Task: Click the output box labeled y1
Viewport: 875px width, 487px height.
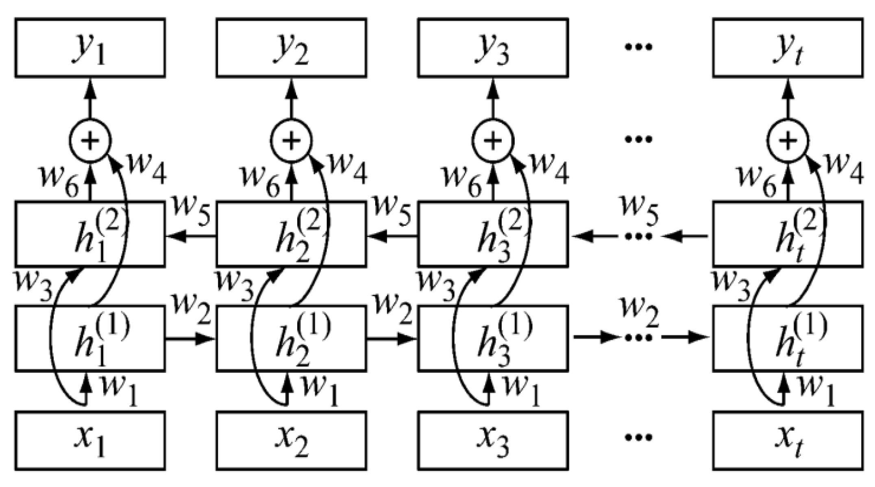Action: coord(90,48)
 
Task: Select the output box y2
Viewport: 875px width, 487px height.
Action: coord(291,48)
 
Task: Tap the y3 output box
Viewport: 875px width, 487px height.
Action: coord(493,48)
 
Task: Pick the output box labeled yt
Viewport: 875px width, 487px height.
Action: coord(788,48)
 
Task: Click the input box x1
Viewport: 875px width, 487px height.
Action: coord(90,441)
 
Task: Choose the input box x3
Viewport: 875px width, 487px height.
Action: coord(493,441)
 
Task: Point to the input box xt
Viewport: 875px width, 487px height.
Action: coord(788,441)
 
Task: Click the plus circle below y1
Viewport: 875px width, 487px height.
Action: coord(90,141)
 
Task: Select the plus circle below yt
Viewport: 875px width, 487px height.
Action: coord(788,141)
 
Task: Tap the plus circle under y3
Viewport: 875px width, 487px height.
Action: coord(493,141)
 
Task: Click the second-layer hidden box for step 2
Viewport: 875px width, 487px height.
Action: coord(291,235)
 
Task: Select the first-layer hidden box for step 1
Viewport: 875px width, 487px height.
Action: coord(90,338)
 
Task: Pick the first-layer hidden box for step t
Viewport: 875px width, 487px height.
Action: coord(788,338)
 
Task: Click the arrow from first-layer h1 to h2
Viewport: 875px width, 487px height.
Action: coord(190,338)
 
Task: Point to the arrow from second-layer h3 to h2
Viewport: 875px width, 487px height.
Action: coord(392,236)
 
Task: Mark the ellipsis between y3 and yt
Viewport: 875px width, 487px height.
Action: coord(638,47)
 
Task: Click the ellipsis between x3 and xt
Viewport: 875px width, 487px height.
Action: coord(638,437)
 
